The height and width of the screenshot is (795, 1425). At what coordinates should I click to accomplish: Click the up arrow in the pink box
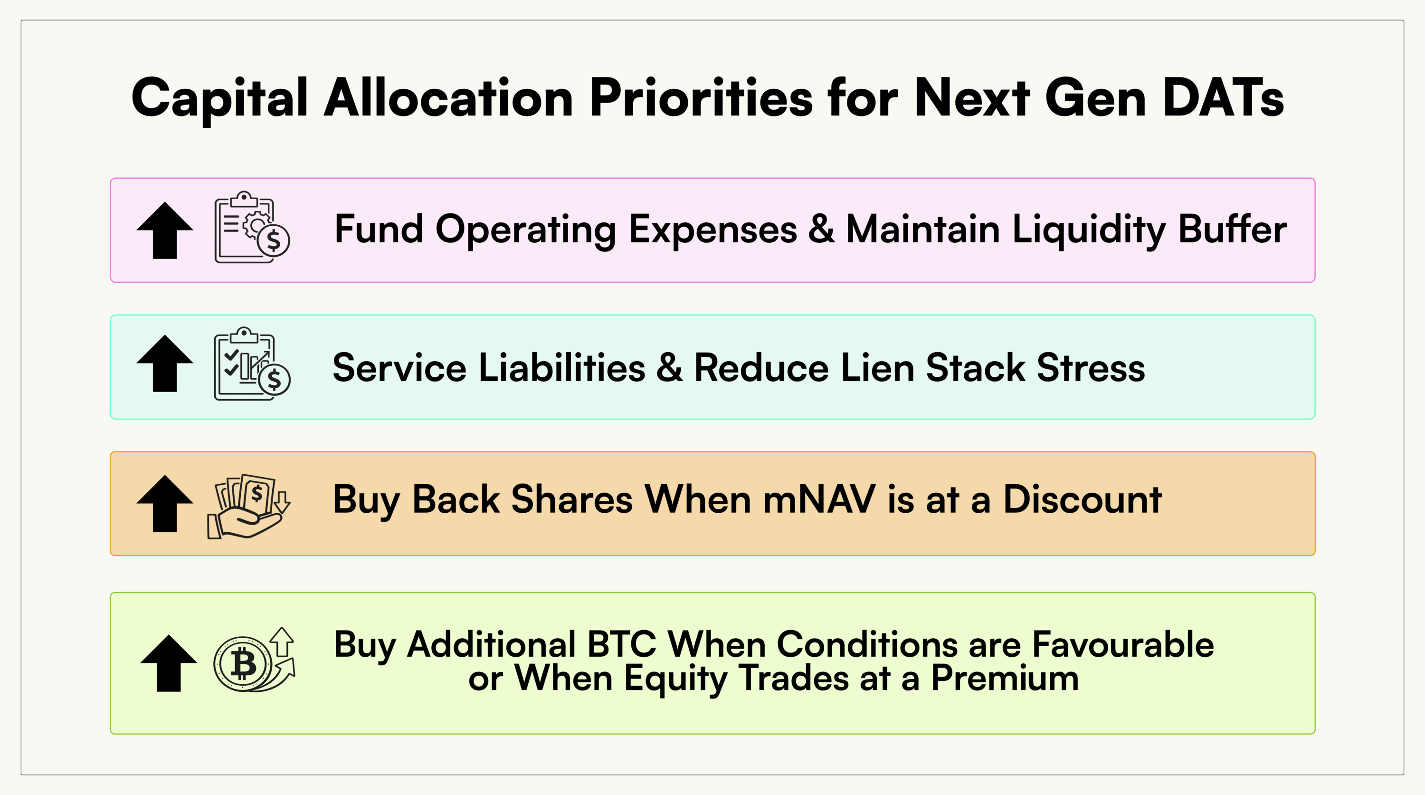165,230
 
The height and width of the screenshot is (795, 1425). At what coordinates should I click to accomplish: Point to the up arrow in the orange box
165,503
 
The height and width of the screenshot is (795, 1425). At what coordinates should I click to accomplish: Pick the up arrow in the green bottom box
169,663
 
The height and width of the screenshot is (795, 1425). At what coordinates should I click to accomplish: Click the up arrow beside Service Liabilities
165,364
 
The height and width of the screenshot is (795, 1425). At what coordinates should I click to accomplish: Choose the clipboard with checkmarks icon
252,364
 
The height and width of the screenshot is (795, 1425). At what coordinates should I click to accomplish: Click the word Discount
1082,499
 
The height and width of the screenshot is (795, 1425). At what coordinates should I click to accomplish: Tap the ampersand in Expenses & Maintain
821,229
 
